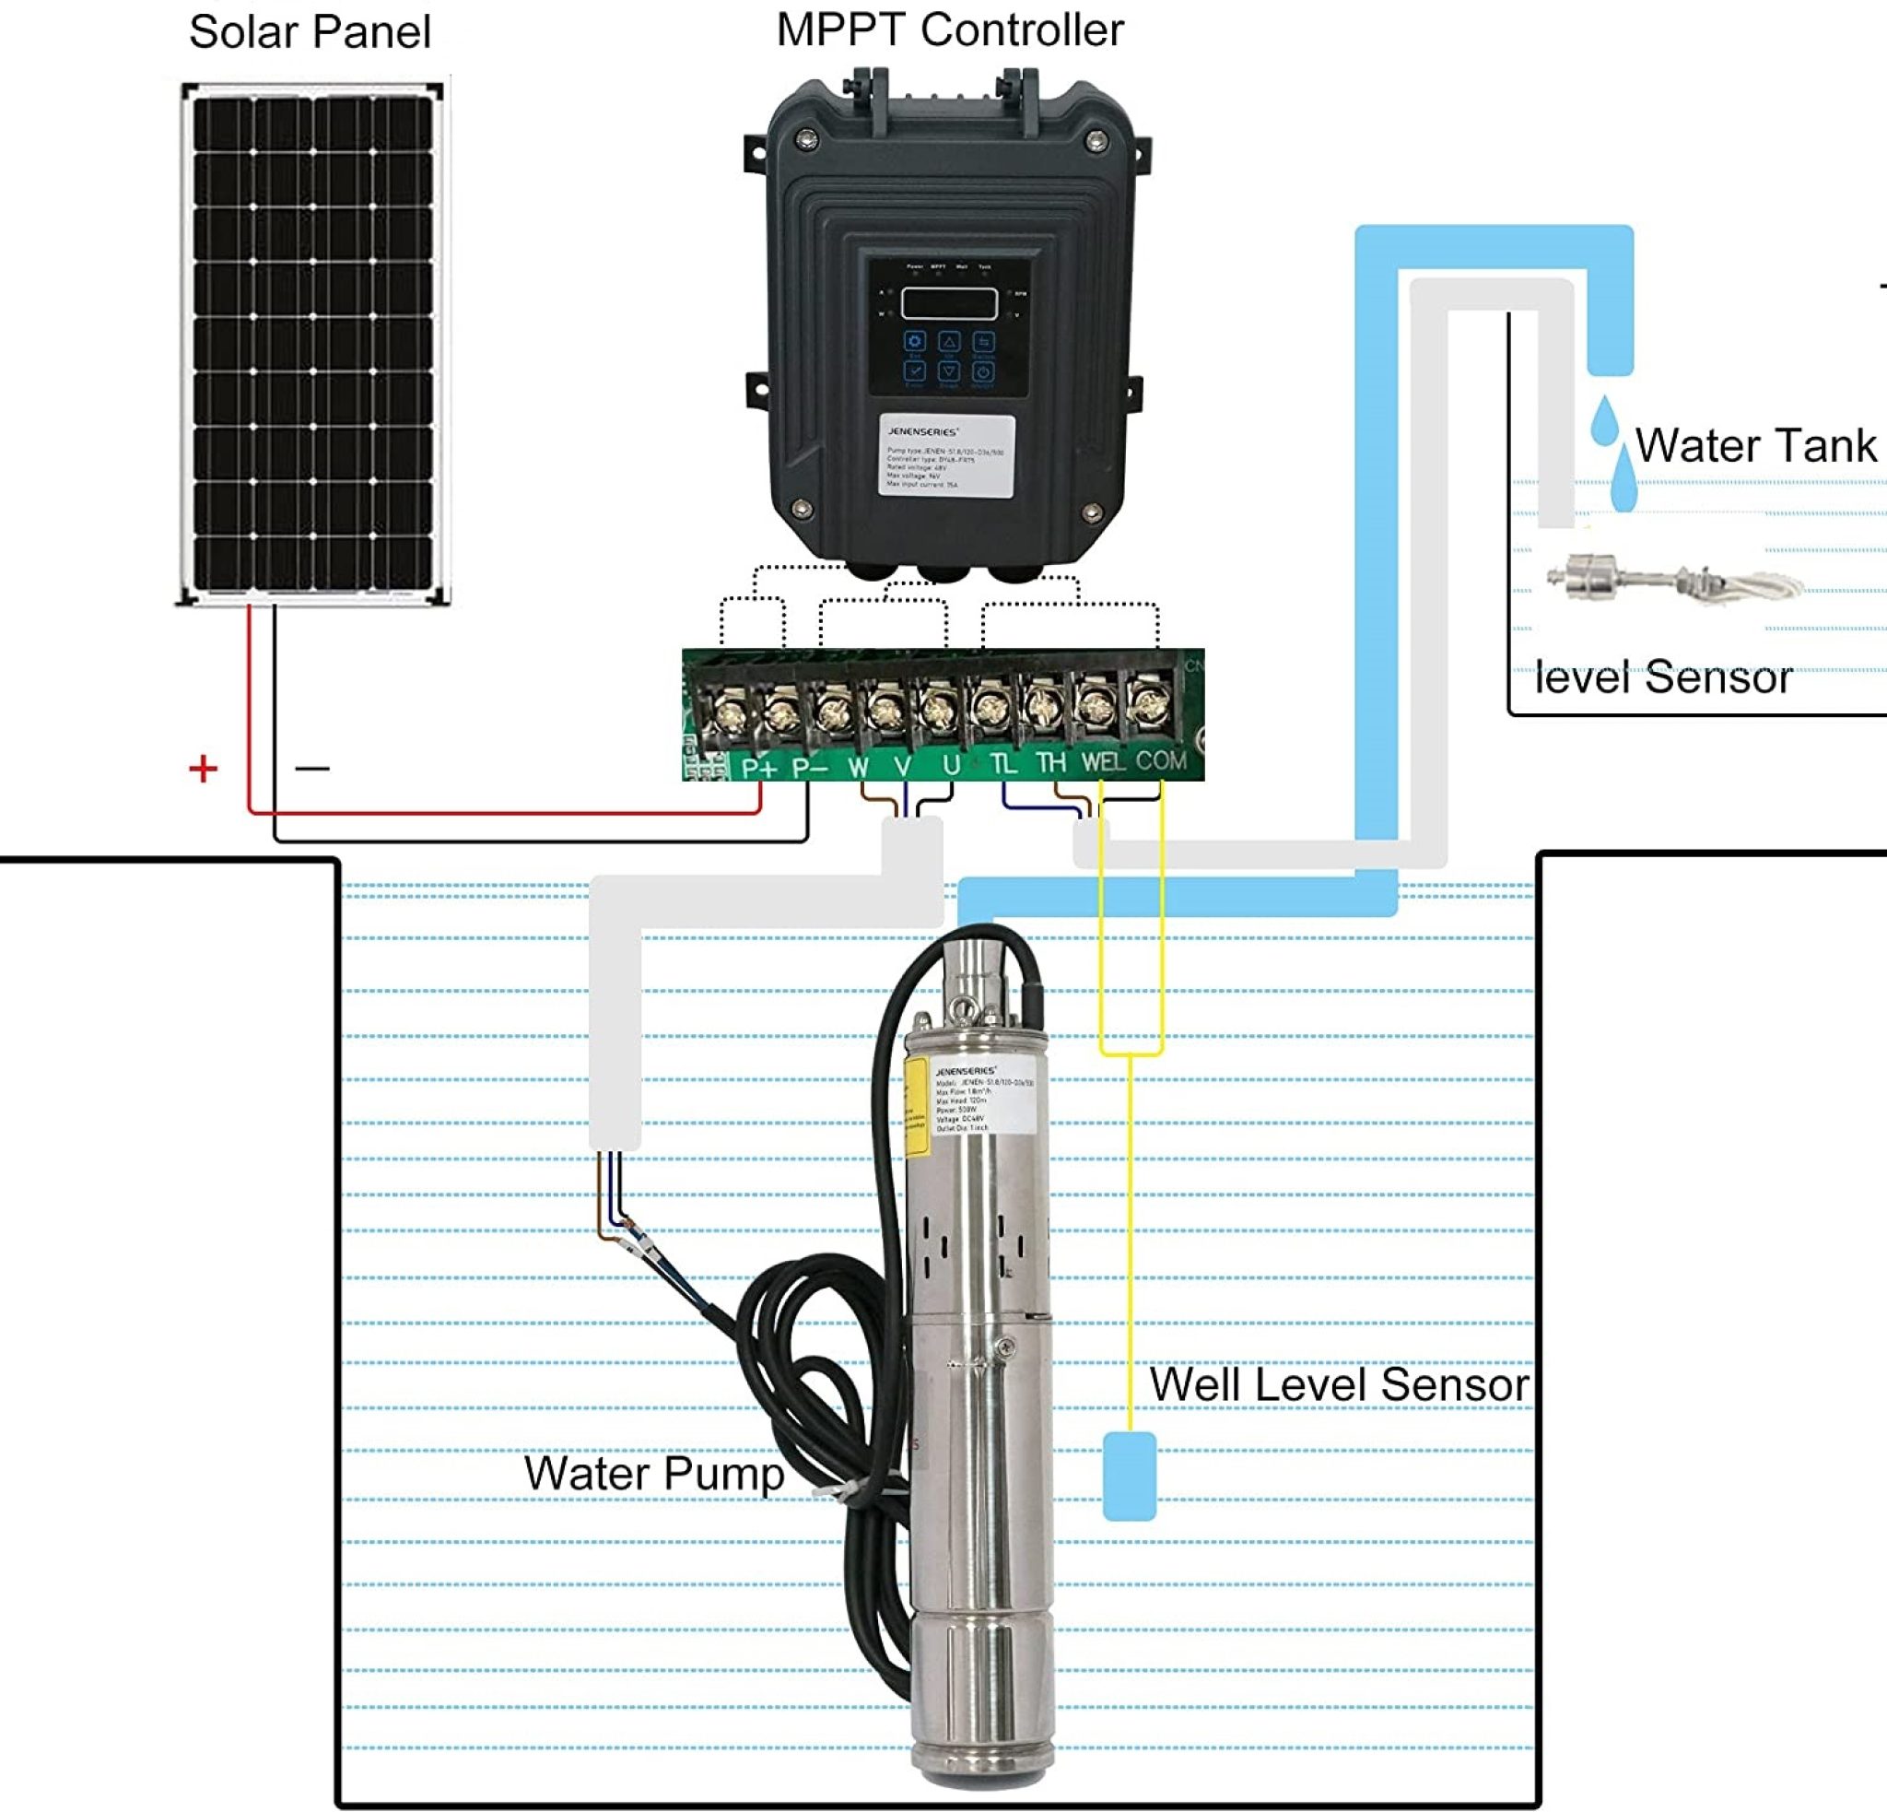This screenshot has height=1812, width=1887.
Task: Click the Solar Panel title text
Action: (309, 31)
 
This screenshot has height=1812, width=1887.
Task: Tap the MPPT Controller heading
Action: (949, 29)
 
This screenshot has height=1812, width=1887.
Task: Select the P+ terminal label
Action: (758, 768)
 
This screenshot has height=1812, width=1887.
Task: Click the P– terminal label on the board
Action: (810, 768)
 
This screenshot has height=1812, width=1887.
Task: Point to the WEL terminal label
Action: (1102, 762)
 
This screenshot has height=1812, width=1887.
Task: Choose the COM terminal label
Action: (1160, 760)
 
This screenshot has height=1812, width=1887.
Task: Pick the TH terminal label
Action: (1050, 763)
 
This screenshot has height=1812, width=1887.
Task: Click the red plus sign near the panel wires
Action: (203, 769)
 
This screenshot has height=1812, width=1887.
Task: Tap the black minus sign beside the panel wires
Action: (312, 769)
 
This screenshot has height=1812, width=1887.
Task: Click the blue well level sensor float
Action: (1129, 1476)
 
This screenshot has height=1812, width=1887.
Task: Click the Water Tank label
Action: (1755, 446)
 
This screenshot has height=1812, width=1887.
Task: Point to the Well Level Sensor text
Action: (1338, 1385)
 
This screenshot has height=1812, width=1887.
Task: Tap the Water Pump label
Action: (653, 1474)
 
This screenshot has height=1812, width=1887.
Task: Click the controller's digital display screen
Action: (948, 303)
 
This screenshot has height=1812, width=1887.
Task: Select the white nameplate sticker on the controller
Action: (946, 456)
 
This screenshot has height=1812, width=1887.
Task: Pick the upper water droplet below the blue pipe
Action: (1603, 421)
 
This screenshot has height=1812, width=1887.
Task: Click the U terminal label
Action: (951, 765)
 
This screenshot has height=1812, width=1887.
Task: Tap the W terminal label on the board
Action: (858, 768)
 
